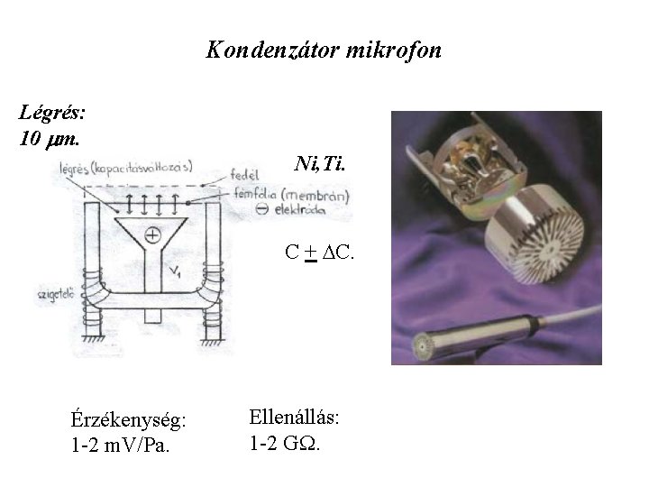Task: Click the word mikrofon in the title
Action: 389,50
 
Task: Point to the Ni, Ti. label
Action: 319,164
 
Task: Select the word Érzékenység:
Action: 129,420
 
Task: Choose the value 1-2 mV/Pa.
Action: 119,444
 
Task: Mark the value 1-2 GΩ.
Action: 284,443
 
